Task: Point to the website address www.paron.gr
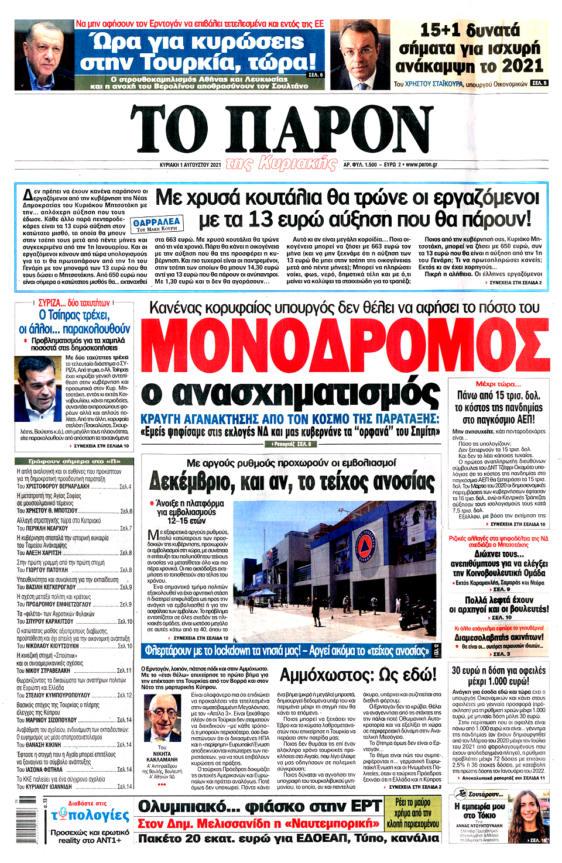point(421,165)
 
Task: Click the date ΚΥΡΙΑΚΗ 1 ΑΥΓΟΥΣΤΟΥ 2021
point(190,165)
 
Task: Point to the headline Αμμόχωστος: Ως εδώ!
point(358,675)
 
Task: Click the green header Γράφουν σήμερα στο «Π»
point(75,461)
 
